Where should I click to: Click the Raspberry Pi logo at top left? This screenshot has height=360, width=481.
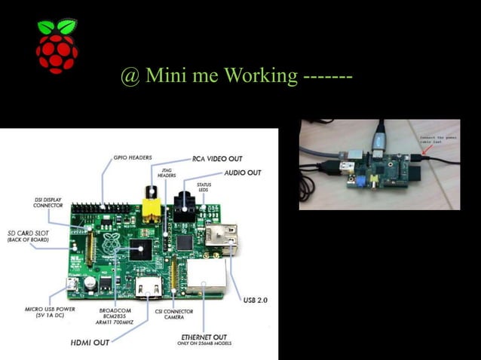coord(57,46)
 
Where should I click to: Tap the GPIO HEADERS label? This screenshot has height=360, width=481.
coord(133,157)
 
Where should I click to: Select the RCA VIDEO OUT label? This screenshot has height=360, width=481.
coord(217,158)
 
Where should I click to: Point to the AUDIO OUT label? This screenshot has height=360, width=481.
coord(242,172)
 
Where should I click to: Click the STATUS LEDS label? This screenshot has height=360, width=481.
coord(204,188)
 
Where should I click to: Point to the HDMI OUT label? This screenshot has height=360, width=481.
coord(90,342)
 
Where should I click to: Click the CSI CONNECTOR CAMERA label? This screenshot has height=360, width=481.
coord(174,314)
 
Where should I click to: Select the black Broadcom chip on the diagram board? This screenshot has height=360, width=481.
coord(140,249)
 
